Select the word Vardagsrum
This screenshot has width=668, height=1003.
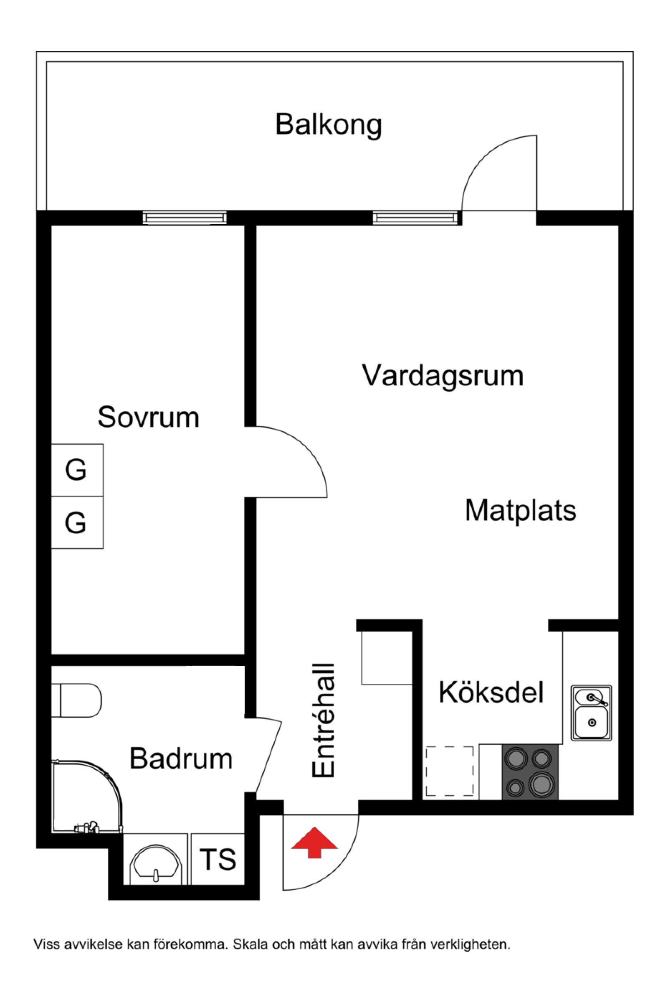(443, 376)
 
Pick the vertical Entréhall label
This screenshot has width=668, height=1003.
(324, 720)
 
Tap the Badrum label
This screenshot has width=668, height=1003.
(181, 759)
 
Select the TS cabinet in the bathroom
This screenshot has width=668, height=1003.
(218, 859)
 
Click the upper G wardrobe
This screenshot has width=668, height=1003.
(77, 470)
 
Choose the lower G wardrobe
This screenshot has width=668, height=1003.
(77, 522)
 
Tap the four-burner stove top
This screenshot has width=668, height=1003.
(530, 772)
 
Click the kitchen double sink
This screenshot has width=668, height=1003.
(591, 713)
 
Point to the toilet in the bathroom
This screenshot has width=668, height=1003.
(77, 701)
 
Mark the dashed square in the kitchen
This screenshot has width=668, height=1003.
(450, 771)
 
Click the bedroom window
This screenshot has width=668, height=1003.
(185, 218)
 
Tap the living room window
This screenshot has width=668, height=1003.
(415, 218)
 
